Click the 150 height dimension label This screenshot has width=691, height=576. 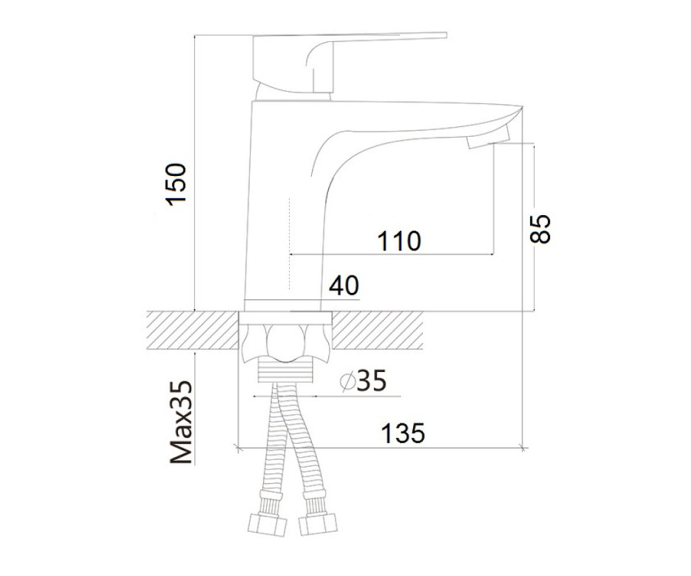tap(176, 184)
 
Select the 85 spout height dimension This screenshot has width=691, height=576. tap(540, 229)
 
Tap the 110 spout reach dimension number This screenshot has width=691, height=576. tap(399, 241)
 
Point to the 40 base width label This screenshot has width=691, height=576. tap(344, 285)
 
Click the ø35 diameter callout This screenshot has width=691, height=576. tap(363, 381)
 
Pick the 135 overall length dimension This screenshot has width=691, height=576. tap(403, 433)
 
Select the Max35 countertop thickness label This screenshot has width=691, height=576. tap(181, 422)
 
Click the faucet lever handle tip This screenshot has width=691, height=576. tap(446, 35)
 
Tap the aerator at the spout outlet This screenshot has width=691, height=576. tap(488, 138)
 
